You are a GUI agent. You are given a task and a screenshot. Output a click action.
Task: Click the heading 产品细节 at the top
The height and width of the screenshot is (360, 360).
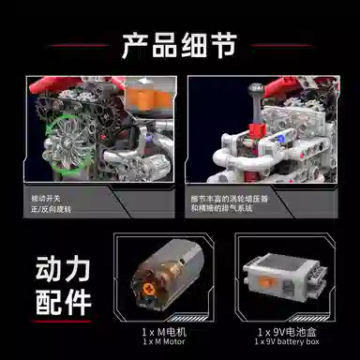(x=180, y=43)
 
